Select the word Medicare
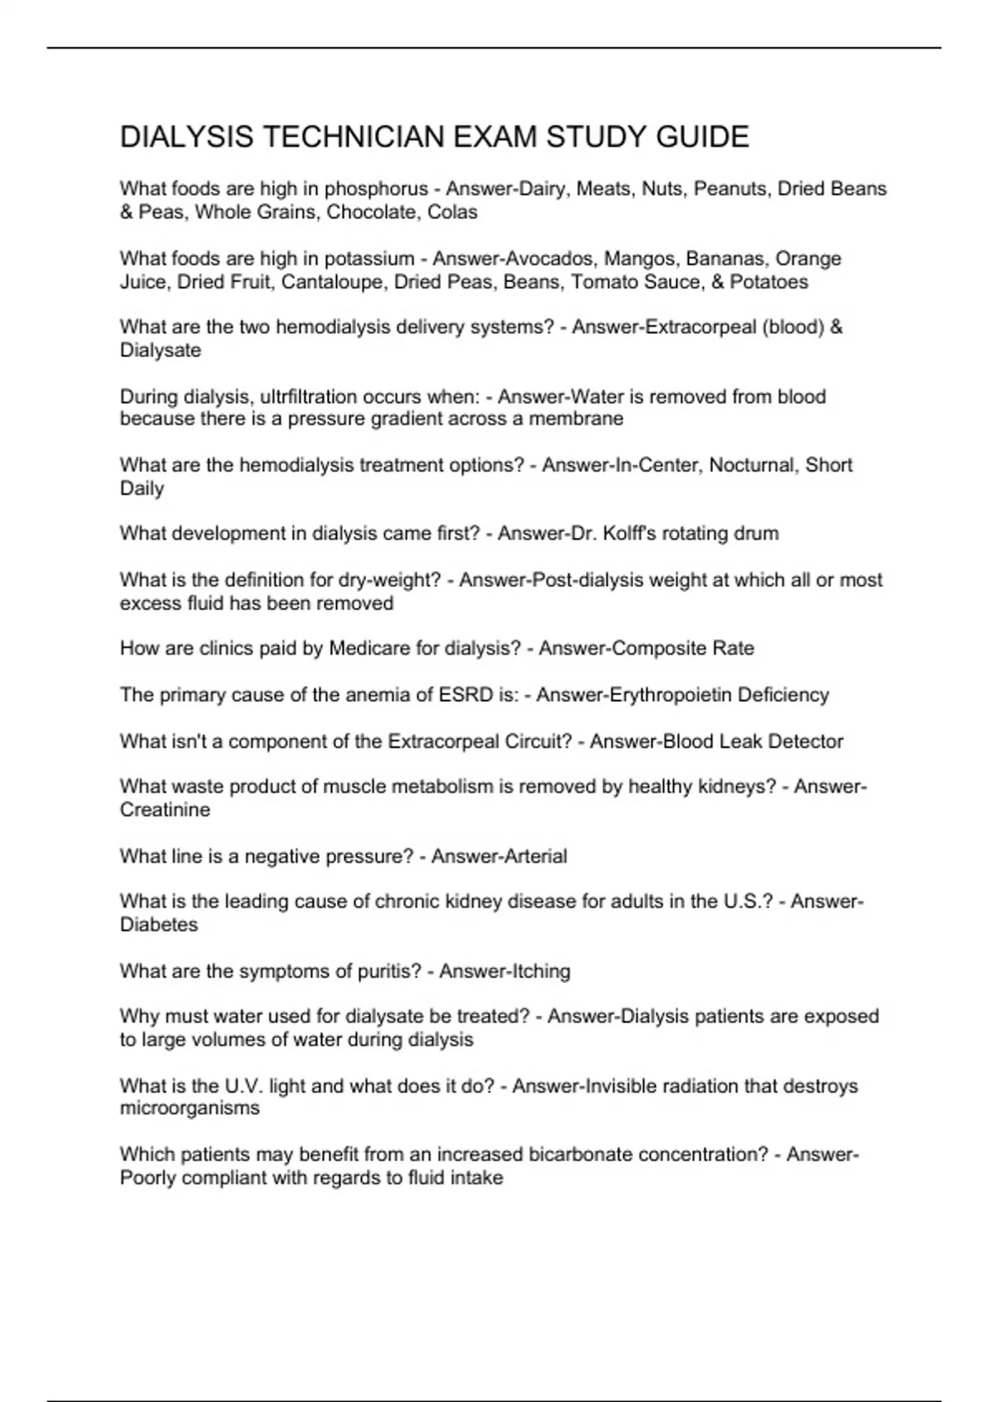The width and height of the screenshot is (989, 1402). click(371, 648)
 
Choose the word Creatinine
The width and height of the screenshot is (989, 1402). click(165, 810)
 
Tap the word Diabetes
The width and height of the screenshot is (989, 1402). click(159, 924)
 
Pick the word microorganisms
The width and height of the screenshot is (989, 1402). click(190, 1108)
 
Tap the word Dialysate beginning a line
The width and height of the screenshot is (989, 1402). click(161, 350)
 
